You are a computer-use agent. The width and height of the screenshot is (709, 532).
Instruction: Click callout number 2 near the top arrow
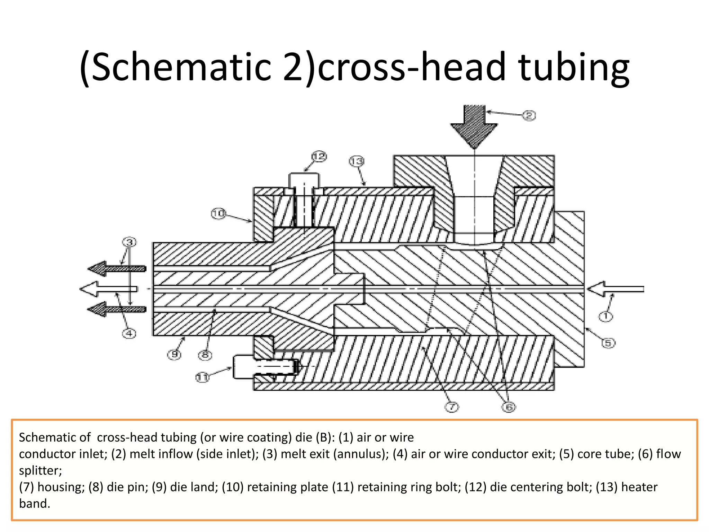click(x=529, y=115)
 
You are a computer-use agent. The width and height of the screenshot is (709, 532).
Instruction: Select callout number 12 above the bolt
click(x=319, y=157)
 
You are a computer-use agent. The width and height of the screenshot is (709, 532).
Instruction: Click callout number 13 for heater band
click(x=357, y=161)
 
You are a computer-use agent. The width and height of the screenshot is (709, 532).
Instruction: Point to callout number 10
click(x=218, y=213)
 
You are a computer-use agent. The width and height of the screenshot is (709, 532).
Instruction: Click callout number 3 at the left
click(x=129, y=242)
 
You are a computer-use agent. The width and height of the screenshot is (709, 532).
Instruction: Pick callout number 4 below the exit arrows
click(x=129, y=334)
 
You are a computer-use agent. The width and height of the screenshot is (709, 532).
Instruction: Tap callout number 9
click(x=174, y=355)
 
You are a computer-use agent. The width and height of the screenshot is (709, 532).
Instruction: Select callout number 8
click(x=205, y=355)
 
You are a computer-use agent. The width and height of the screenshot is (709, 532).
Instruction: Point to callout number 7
click(x=451, y=407)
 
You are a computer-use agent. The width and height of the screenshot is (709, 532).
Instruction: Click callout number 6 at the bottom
click(x=509, y=407)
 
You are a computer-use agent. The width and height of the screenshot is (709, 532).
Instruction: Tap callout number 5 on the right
click(x=608, y=343)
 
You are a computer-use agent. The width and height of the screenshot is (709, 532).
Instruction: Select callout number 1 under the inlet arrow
click(x=605, y=316)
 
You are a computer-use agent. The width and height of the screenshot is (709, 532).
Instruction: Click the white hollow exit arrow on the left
click(x=107, y=289)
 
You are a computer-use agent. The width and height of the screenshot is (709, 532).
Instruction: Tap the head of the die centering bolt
click(x=304, y=180)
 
